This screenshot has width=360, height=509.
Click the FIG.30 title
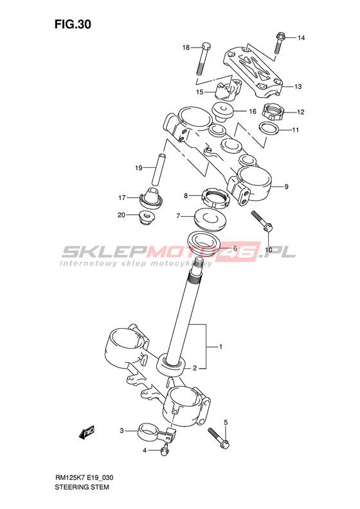coord(73,24)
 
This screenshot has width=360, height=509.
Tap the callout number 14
coord(301,38)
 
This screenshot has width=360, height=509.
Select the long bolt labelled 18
coord(203,59)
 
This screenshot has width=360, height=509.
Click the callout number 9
coord(286,187)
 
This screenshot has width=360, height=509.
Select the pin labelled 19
coord(157,169)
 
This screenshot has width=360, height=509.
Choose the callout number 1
coord(221,347)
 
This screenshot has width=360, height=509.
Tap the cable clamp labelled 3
coord(156,434)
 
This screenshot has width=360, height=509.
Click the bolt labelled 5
coord(219,438)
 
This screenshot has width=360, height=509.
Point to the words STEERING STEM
coord(82,487)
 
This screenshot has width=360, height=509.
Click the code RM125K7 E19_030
coord(84,477)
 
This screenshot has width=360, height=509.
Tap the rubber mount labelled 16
coord(223,112)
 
